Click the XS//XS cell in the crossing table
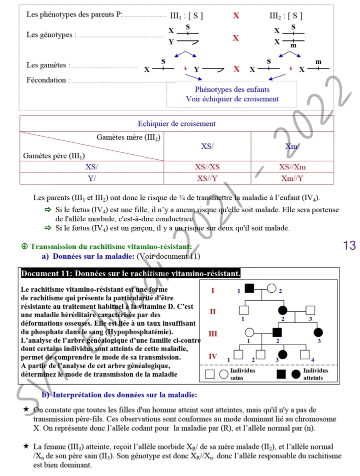pos(207,167)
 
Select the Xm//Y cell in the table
pos(292,178)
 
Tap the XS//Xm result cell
pos(292,167)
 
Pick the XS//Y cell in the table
pos(207,178)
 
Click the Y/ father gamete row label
pos(91,178)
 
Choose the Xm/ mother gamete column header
pos(292,146)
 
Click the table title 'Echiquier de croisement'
pos(176,124)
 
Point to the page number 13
pos(349,245)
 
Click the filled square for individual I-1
pos(249,288)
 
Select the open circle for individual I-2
pos(272,288)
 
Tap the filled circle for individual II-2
pos(283,310)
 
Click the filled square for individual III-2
pos(277,333)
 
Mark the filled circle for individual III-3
pos(318,333)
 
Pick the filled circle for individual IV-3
pos(282,354)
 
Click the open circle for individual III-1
pos(249,333)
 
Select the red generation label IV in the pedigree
pos(212,356)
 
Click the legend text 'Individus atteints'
pos(315,374)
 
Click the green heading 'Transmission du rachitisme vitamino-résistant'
pos(111,247)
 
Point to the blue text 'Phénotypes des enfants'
pos(232,89)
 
